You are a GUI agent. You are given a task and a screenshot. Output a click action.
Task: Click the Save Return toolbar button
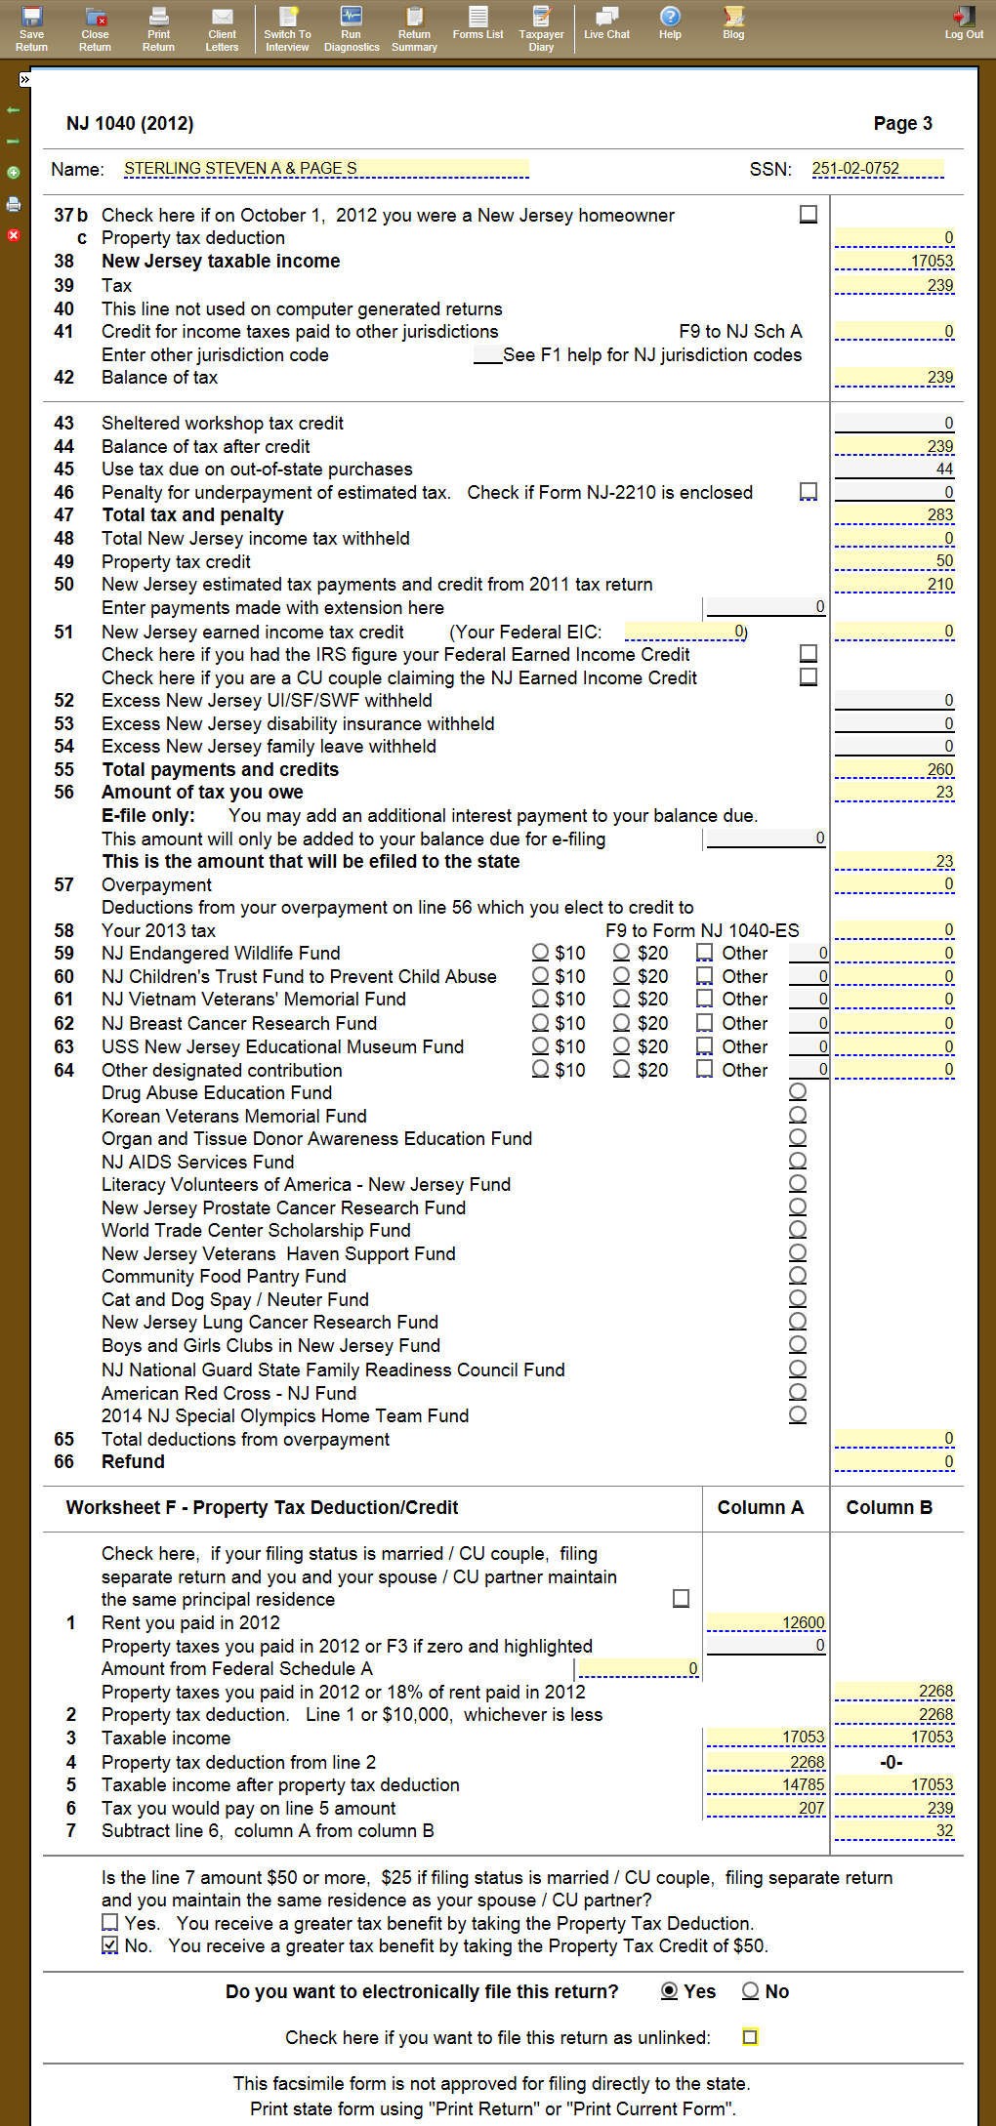31,27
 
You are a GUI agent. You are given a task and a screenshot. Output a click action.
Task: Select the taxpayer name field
326,169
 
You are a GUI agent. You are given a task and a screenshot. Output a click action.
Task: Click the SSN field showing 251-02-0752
877,169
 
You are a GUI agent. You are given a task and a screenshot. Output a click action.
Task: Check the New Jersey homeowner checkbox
809,214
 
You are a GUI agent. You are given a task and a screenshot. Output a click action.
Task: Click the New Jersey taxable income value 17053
894,262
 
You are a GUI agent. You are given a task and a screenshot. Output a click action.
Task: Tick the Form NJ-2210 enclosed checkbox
809,491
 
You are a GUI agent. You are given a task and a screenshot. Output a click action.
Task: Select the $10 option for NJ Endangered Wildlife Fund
540,952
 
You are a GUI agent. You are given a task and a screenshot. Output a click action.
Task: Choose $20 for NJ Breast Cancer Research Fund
622,1022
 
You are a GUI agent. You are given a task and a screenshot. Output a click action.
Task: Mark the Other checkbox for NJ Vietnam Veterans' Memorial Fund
705,999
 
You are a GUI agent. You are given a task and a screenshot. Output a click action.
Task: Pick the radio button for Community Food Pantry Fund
798,1275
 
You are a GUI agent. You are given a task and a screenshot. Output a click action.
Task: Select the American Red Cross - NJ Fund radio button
798,1392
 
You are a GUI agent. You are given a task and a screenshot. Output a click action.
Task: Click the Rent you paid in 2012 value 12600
766,1622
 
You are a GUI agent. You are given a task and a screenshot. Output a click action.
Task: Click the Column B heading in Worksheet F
889,1507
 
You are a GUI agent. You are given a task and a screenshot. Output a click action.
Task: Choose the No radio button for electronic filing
751,1990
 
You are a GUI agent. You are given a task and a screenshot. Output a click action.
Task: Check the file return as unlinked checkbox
750,2037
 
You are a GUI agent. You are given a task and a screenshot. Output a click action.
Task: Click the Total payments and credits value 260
894,770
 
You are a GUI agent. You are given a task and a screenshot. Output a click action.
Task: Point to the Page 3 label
902,123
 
